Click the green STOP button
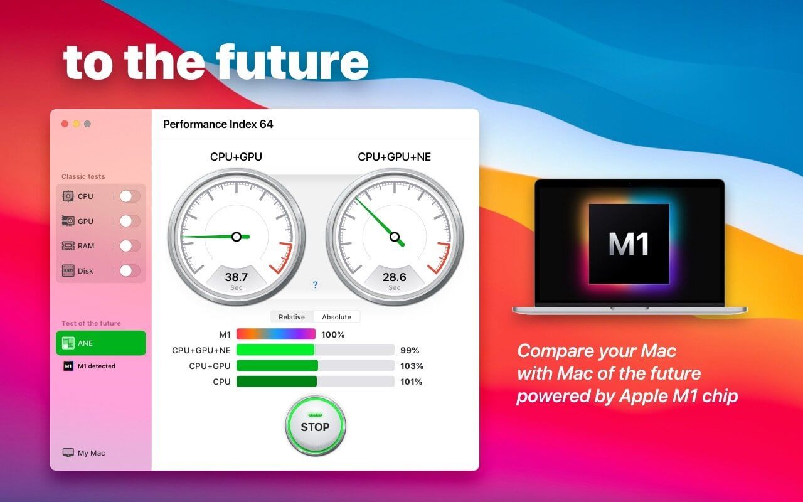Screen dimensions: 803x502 (x=315, y=425)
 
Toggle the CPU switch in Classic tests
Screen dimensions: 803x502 (x=129, y=196)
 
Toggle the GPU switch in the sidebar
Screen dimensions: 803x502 (x=129, y=222)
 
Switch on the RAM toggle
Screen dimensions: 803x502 (x=129, y=246)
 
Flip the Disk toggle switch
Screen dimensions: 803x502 (x=129, y=270)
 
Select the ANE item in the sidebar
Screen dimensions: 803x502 (x=101, y=343)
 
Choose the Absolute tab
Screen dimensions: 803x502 (x=336, y=317)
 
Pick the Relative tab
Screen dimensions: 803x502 (x=292, y=317)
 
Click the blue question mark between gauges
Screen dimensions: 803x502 (x=315, y=285)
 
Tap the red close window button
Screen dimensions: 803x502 (x=65, y=124)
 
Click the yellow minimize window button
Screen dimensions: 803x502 (x=76, y=124)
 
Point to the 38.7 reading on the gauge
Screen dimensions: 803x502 (x=237, y=277)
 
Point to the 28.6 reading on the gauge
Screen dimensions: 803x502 (x=395, y=277)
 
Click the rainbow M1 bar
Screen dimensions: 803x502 (x=276, y=334)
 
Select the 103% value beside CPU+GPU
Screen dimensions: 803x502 (x=412, y=366)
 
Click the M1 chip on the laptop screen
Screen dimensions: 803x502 (x=629, y=244)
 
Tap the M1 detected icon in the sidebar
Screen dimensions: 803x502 (x=68, y=366)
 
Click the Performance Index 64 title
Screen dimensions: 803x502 (x=218, y=124)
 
